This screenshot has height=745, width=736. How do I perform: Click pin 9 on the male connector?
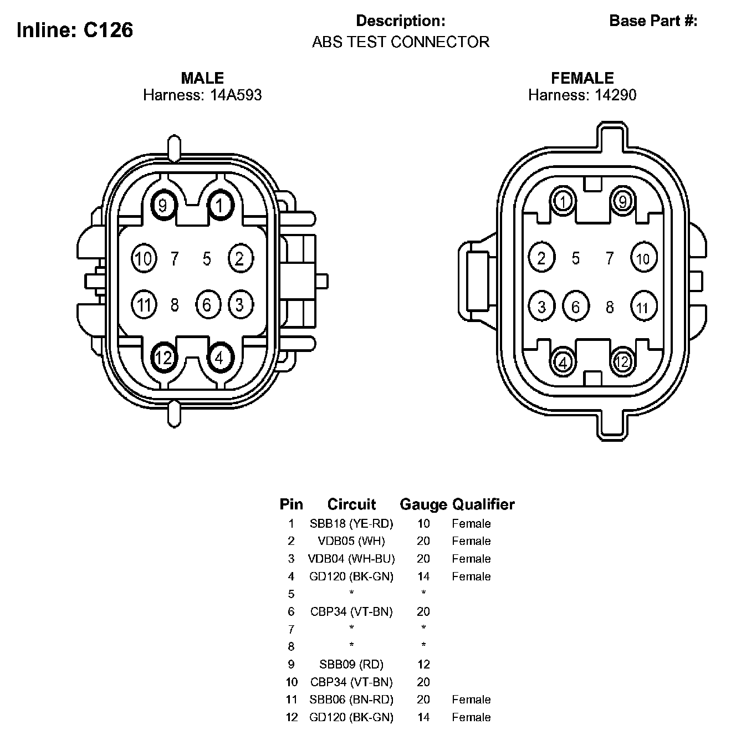tap(163, 206)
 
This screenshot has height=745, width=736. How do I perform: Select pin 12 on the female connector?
tap(623, 362)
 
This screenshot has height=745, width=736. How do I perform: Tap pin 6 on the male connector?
tap(207, 305)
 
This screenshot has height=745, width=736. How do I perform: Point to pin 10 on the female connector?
tap(643, 259)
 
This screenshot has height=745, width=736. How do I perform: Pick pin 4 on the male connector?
tap(220, 359)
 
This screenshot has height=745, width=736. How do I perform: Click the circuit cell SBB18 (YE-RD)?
tap(351, 523)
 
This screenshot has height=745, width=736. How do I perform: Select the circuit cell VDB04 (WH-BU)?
tap(351, 559)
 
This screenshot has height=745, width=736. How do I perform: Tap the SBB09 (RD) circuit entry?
tap(351, 664)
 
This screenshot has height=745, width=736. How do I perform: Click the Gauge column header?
tap(423, 504)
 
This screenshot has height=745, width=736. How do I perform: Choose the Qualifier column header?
tap(483, 504)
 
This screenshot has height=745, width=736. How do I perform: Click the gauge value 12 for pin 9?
tap(423, 664)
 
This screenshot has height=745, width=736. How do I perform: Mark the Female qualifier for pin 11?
tap(471, 700)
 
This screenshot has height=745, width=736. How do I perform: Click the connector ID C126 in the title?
tap(108, 30)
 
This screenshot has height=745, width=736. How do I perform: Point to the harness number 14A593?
tap(236, 95)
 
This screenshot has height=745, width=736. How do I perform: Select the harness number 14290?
tap(615, 95)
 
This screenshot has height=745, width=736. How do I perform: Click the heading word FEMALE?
tap(582, 78)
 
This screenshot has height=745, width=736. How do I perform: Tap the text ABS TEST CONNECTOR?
tap(401, 42)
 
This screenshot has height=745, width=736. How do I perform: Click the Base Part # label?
tap(653, 21)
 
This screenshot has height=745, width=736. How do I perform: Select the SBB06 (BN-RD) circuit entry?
tap(351, 700)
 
